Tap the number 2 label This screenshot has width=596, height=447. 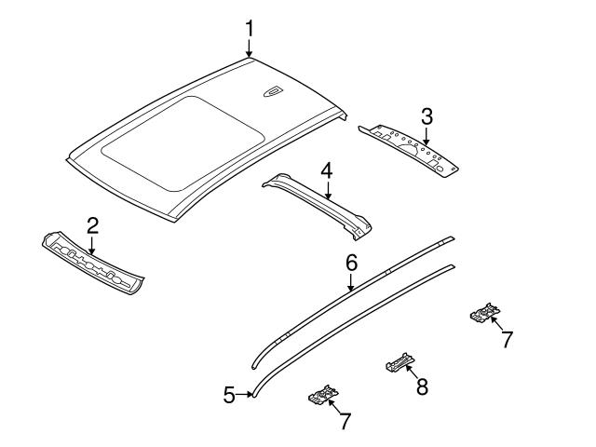(92, 224)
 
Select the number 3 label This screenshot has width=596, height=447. (427, 117)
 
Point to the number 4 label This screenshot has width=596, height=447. (326, 170)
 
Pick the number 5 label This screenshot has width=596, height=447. (229, 395)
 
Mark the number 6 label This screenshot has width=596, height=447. (351, 264)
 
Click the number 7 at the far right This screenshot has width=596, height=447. (507, 340)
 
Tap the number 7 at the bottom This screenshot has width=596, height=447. (345, 421)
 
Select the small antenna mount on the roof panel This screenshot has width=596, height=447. (273, 89)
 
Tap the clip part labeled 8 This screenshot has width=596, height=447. (399, 361)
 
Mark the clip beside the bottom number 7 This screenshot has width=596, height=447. (321, 397)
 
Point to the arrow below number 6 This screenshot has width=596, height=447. (351, 283)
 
